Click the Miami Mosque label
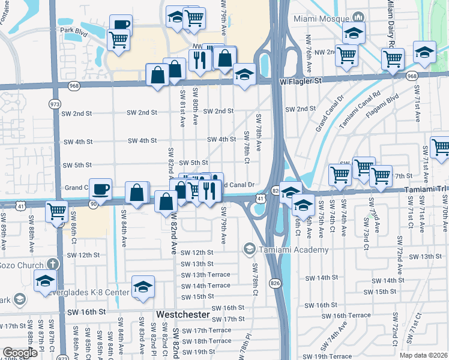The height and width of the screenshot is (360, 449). tap(321, 19)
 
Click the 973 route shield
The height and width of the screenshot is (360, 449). tap(55, 104)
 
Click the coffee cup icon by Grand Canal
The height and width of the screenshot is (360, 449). tap(100, 189)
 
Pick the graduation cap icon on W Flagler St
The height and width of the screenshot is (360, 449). tap(244, 75)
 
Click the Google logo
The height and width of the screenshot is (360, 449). tap(19, 353)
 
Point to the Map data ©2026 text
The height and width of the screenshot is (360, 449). tap(423, 355)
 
